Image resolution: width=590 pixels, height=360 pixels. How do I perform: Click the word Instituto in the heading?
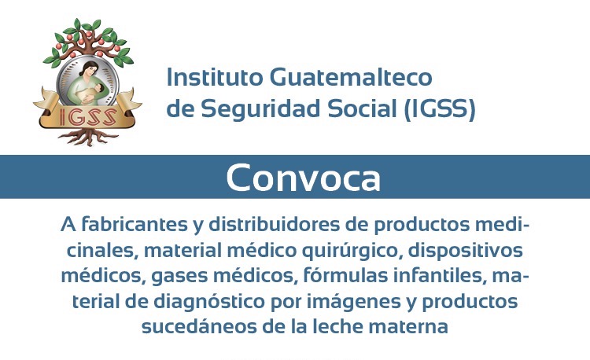(x=215, y=77)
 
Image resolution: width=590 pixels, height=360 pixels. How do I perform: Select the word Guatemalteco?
(x=351, y=77)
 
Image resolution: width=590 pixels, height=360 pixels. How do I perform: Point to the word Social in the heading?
(x=362, y=108)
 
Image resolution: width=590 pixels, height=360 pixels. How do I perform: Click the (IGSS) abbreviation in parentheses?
(x=440, y=109)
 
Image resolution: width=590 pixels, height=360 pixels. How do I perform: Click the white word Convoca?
(x=304, y=178)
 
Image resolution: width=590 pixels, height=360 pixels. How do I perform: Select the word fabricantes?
(x=135, y=224)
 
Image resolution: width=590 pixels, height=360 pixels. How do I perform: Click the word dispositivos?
(x=466, y=251)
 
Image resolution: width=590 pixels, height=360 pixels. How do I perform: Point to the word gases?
(x=179, y=277)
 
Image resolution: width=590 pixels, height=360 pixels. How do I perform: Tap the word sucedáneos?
(x=199, y=326)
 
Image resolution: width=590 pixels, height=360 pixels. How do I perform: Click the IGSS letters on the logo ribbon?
(x=87, y=116)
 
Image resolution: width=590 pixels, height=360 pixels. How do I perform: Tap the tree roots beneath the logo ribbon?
(x=87, y=136)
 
